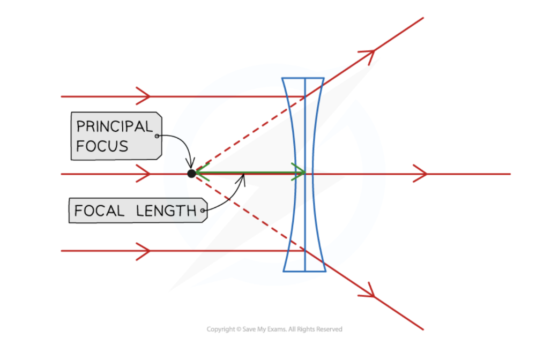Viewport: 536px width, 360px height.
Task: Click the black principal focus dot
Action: coord(191,174)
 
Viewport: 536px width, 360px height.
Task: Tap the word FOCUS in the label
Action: coord(102,146)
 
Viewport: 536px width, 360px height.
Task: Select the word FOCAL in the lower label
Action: coord(100,211)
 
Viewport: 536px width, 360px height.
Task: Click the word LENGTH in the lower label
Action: coord(166,211)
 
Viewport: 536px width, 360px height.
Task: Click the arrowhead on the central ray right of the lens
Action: coord(421,174)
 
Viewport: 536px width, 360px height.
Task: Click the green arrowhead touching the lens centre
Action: coord(299,172)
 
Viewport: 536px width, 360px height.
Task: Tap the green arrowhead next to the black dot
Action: coord(200,172)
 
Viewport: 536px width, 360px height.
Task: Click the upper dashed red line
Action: coord(247,134)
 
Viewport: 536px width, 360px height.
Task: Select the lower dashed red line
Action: coord(247,213)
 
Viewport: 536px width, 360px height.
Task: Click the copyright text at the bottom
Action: coord(274,329)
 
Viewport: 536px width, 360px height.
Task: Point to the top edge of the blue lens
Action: coord(303,78)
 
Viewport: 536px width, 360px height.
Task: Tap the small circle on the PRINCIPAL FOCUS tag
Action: coord(157,136)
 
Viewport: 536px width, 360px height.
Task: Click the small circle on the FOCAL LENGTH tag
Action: coord(203,211)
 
